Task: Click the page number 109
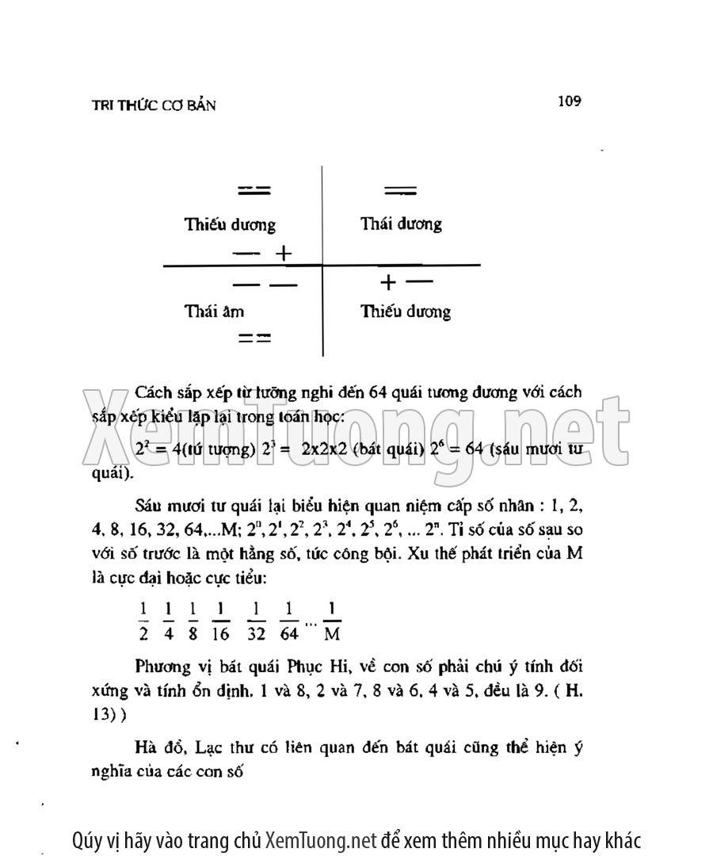pyautogui.click(x=569, y=101)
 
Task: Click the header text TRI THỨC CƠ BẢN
pyautogui.click(x=154, y=105)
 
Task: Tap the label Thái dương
pyautogui.click(x=401, y=224)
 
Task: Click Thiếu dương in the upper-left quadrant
pyautogui.click(x=230, y=224)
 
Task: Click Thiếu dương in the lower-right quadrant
pyautogui.click(x=406, y=312)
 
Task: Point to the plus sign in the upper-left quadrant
pyautogui.click(x=283, y=254)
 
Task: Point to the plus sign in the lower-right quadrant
pyautogui.click(x=387, y=282)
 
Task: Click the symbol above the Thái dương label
pyautogui.click(x=400, y=190)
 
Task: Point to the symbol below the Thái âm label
pyautogui.click(x=255, y=338)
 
